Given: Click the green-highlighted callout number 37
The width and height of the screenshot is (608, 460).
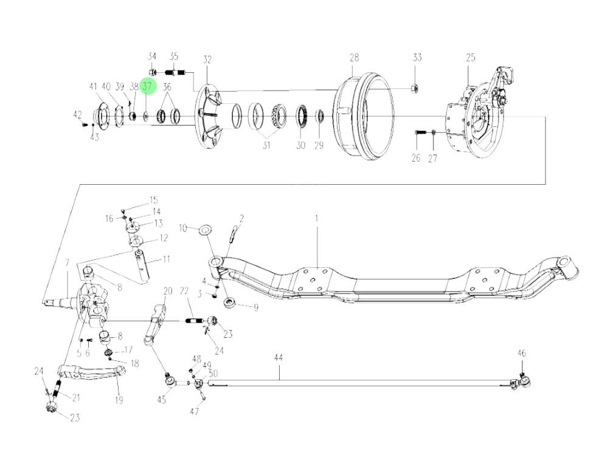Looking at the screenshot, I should pyautogui.click(x=148, y=87).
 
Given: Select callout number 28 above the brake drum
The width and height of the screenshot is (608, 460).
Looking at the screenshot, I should pyautogui.click(x=354, y=58).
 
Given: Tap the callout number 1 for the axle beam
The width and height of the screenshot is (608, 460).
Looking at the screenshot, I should pyautogui.click(x=316, y=218).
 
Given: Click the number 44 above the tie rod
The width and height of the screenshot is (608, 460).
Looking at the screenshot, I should pyautogui.click(x=278, y=359).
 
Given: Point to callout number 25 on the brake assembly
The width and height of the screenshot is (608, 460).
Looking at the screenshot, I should pyautogui.click(x=471, y=58).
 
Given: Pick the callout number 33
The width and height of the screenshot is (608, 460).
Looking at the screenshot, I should pyautogui.click(x=416, y=58).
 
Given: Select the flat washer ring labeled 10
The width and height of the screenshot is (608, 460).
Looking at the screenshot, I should pyautogui.click(x=205, y=229).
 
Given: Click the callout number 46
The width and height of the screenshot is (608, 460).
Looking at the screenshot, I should pyautogui.click(x=521, y=353).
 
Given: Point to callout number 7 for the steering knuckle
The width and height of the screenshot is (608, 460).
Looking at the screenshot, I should pyautogui.click(x=67, y=263).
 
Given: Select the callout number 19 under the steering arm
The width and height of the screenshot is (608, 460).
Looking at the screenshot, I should pyautogui.click(x=119, y=400).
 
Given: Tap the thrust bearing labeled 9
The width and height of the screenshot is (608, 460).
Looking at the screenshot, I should pyautogui.click(x=231, y=302).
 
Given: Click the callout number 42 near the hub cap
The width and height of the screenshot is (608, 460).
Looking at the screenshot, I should pyautogui.click(x=77, y=114).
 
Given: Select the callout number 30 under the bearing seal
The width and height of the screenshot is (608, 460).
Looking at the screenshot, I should pyautogui.click(x=300, y=145).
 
